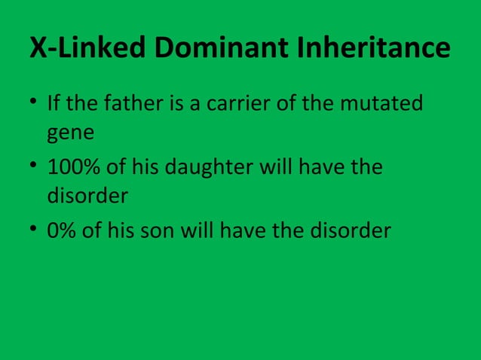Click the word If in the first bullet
54,102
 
